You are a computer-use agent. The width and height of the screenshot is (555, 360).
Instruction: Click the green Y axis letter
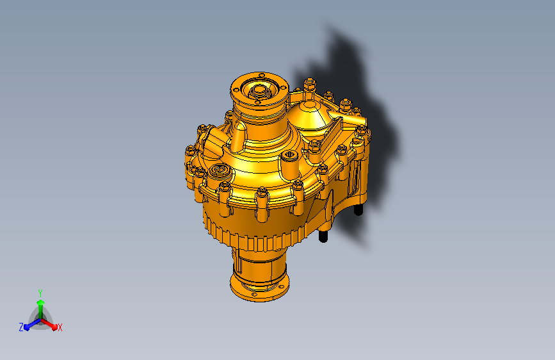pyautogui.click(x=40, y=292)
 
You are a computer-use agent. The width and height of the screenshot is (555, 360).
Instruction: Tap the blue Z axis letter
pyautogui.click(x=21, y=327)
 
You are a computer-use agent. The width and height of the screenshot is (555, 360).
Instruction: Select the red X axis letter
pyautogui.click(x=60, y=328)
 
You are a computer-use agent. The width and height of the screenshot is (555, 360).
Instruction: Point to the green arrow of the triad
pyautogui.click(x=40, y=306)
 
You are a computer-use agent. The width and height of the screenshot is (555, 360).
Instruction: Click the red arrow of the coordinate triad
pyautogui.click(x=51, y=323)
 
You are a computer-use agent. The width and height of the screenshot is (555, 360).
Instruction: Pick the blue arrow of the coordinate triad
pyautogui.click(x=29, y=325)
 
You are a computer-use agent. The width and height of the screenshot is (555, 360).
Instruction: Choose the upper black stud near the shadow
pyautogui.click(x=359, y=209)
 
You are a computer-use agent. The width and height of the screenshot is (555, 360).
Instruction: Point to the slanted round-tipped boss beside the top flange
pyautogui.click(x=239, y=135)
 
